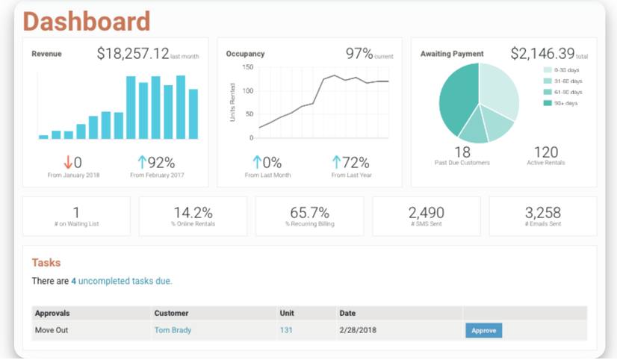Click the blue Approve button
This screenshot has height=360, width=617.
point(483,330)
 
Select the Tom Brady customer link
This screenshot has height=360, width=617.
point(173,330)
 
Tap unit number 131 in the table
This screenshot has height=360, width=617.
point(286,330)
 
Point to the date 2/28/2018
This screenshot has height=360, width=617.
point(357,330)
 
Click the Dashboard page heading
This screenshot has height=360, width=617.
point(87,21)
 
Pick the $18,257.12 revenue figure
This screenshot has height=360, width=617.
point(133,54)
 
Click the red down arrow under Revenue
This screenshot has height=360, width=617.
point(67,162)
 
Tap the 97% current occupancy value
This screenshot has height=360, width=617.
point(359,54)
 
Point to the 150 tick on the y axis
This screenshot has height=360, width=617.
point(248,67)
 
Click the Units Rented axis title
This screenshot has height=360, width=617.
point(232,103)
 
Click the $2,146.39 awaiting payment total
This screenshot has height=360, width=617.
point(542,54)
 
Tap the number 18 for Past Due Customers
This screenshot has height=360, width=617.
point(462,152)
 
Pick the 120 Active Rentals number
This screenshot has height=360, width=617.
point(546,152)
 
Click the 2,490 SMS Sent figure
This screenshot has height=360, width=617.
point(427,213)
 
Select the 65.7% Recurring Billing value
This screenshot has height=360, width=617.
point(309,213)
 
